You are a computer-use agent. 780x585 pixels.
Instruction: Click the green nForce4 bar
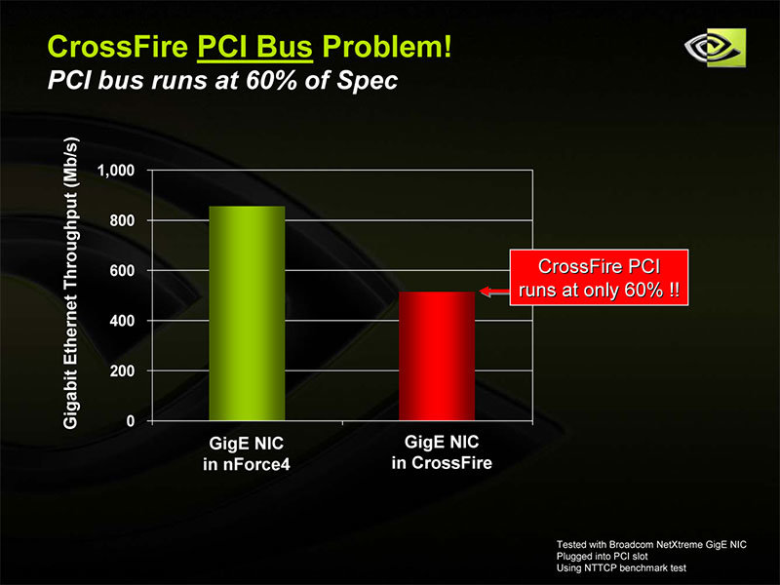[247, 313]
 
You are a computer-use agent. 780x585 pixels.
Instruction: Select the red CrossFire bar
[437, 356]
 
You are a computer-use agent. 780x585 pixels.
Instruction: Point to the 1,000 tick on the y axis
[116, 171]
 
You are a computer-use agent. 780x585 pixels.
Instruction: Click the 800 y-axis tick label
[123, 220]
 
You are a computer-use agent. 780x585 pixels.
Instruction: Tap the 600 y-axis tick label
[123, 271]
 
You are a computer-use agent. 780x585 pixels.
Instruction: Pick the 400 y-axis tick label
[123, 321]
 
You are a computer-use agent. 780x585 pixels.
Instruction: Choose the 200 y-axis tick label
[123, 370]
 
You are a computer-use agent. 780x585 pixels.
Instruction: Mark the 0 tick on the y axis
[131, 421]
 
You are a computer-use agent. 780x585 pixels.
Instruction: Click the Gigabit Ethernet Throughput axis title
[71, 283]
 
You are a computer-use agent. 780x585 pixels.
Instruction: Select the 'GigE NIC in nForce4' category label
[247, 453]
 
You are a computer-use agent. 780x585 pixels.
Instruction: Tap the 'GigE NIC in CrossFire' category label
[442, 452]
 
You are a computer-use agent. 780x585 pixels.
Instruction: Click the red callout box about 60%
[599, 278]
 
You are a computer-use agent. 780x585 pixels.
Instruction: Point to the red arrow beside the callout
[494, 292]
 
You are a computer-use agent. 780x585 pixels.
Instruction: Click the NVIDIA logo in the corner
[715, 48]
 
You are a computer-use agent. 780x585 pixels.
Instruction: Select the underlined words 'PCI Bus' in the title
[255, 47]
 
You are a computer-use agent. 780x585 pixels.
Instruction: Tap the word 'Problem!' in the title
[387, 47]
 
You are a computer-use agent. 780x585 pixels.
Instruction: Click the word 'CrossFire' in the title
[118, 47]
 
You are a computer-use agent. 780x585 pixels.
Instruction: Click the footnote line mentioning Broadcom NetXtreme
[651, 545]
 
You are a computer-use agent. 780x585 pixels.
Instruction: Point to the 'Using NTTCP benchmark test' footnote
[621, 568]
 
